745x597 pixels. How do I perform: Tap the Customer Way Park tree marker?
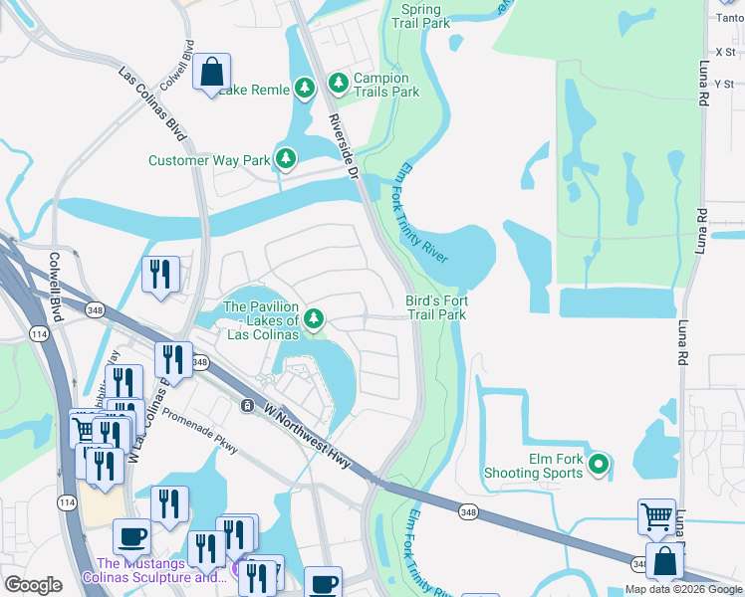(286, 159)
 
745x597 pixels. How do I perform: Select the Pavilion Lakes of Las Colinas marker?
(314, 318)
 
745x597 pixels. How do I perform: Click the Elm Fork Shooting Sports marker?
(598, 464)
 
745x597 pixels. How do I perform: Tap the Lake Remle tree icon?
(305, 89)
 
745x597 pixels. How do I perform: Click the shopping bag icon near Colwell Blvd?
(211, 73)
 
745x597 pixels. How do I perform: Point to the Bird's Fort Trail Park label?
(436, 307)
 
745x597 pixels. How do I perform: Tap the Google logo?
(33, 585)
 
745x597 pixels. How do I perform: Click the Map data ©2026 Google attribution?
(682, 589)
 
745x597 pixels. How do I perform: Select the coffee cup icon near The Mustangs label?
(131, 538)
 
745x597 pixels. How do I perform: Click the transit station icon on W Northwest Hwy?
(247, 405)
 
